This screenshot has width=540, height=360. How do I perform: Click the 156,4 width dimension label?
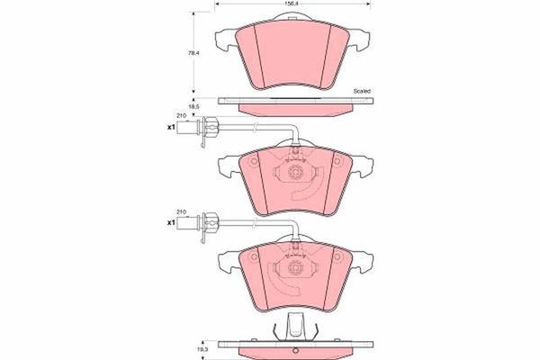pos(292,4)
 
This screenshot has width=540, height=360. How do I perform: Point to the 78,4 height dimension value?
pos(194,53)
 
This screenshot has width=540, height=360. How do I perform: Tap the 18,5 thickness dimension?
pos(194,107)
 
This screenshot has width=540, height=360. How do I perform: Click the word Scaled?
pos(362,91)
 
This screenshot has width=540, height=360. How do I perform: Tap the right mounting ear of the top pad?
pos(360,40)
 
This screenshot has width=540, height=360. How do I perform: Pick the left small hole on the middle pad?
pos(254,161)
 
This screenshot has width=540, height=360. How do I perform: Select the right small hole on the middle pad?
pos(337,161)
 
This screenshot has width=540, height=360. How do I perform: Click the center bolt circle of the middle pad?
pos(295,171)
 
